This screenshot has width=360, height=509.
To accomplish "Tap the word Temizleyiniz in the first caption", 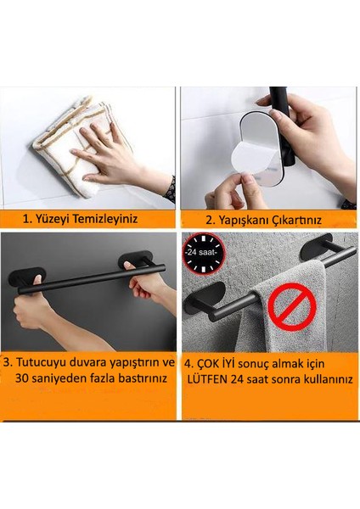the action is point(105,219).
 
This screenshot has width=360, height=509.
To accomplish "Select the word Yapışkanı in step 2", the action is point(242,221).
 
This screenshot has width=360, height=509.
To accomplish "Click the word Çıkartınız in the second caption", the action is point(295,221).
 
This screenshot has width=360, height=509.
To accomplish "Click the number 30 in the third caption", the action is point(22,378).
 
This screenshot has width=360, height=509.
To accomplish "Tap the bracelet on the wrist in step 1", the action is point(170,190).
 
